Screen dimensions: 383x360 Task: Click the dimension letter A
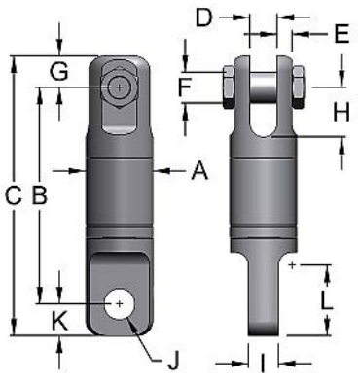pyautogui.click(x=199, y=171)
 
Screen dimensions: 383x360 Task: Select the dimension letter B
pyautogui.click(x=40, y=194)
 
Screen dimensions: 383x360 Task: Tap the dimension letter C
pyautogui.click(x=13, y=195)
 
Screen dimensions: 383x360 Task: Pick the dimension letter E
pyautogui.click(x=341, y=34)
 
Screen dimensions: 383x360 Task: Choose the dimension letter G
pyautogui.click(x=59, y=70)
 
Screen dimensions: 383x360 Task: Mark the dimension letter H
pyautogui.click(x=340, y=113)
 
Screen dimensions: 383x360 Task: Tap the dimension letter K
pyautogui.click(x=59, y=318)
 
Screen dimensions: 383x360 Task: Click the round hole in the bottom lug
pyautogui.click(x=120, y=303)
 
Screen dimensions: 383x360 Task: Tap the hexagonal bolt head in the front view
pyautogui.click(x=119, y=86)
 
